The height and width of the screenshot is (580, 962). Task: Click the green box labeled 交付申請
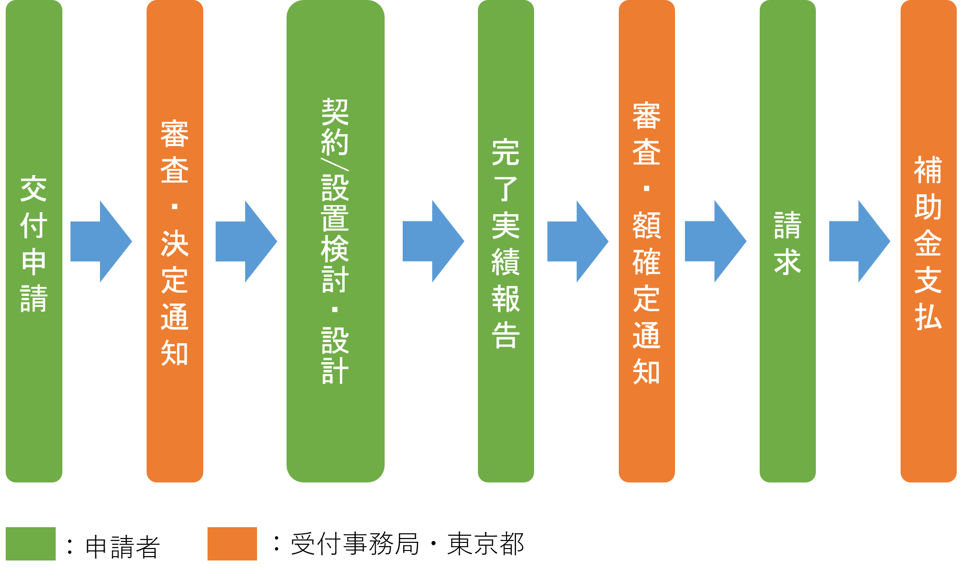point(34,241)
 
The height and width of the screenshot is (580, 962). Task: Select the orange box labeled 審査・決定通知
point(175,241)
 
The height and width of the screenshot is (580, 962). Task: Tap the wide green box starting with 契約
point(335,241)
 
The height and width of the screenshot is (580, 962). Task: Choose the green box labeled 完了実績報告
point(506,241)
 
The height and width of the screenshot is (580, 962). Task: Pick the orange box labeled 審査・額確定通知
point(646,241)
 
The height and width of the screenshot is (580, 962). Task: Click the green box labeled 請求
point(787,241)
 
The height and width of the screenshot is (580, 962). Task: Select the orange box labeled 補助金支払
point(928,241)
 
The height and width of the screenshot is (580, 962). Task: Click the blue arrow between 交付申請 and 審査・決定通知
point(101,242)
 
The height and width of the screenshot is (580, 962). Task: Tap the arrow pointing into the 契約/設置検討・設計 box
point(246,242)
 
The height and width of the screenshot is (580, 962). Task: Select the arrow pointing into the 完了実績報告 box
point(433,242)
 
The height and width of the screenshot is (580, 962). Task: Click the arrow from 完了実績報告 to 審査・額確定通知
point(578,242)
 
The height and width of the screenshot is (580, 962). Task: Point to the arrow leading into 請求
point(715,242)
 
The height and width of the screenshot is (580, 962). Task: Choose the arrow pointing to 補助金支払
point(860,242)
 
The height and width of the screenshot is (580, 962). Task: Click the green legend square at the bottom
point(30,543)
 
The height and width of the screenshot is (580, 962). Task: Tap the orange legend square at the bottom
point(232,543)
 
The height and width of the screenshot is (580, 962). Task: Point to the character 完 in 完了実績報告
point(506,152)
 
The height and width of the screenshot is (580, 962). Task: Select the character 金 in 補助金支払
point(928,243)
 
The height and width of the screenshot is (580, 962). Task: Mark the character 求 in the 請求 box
point(787,262)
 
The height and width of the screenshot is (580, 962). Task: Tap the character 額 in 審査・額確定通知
point(646,226)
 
